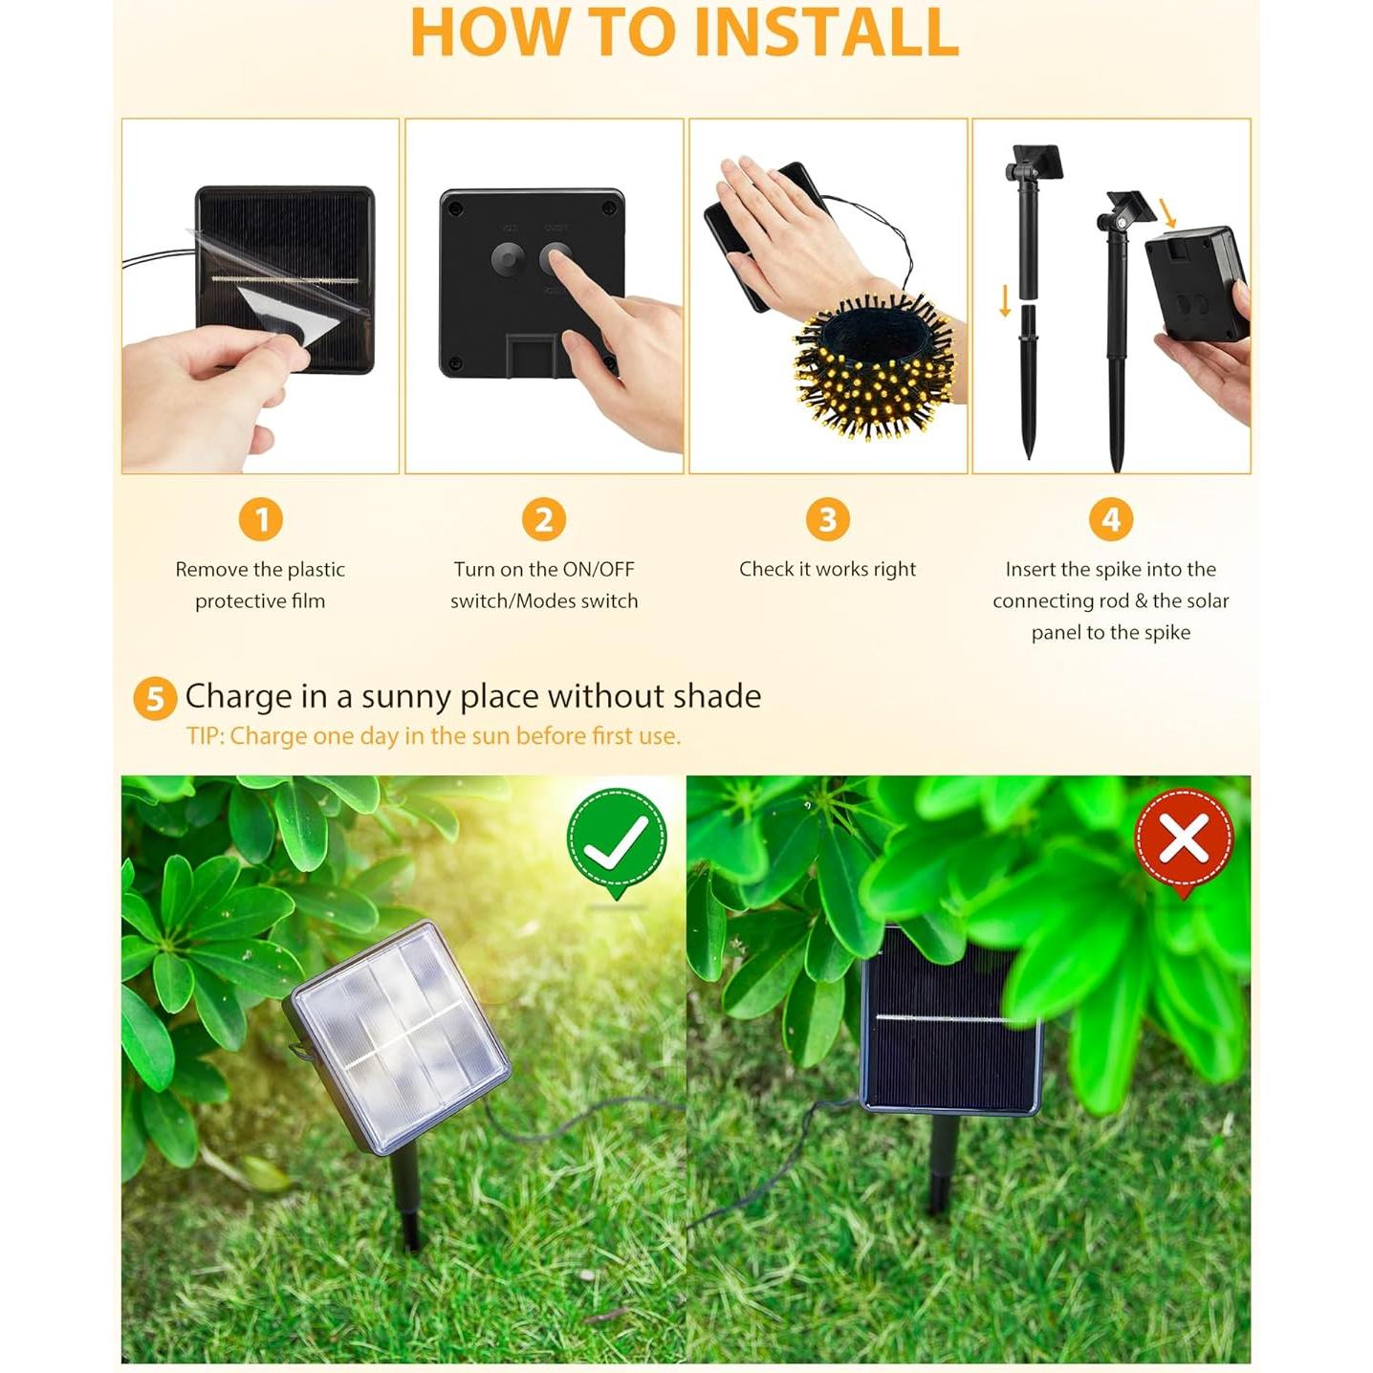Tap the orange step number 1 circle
click(260, 519)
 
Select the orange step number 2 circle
click(544, 519)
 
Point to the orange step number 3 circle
click(827, 519)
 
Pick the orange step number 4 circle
click(1110, 519)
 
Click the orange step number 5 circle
click(155, 699)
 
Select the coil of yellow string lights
click(874, 368)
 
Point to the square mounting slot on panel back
click(532, 356)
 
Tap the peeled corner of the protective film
click(287, 316)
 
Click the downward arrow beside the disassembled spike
click(1005, 301)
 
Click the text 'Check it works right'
click(827, 569)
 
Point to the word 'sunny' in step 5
click(401, 696)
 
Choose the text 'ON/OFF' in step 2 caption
click(599, 569)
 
